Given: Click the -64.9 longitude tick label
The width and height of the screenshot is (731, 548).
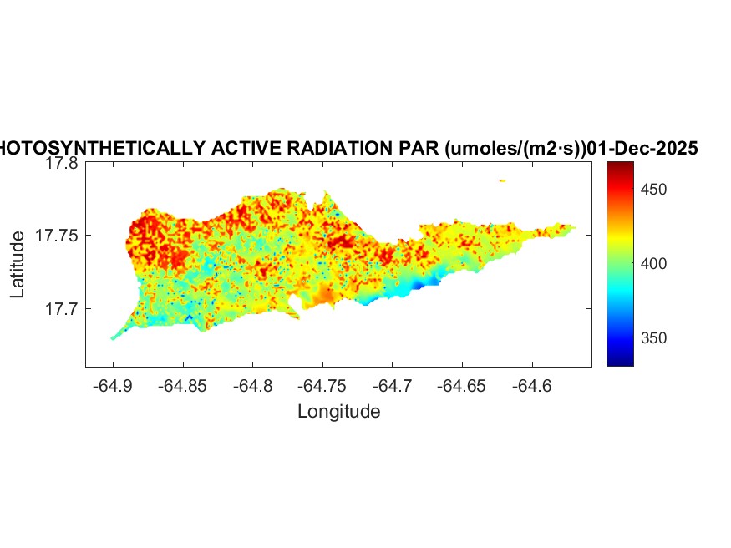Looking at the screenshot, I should pyautogui.click(x=113, y=386).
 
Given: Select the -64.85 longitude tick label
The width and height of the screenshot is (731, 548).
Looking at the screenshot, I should pyautogui.click(x=183, y=386).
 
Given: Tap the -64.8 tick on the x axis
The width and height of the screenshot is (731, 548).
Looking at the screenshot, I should pyautogui.click(x=253, y=386).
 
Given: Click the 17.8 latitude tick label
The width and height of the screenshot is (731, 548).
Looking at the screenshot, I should pyautogui.click(x=62, y=164).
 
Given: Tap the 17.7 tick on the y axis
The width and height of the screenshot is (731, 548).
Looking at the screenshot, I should pyautogui.click(x=62, y=308).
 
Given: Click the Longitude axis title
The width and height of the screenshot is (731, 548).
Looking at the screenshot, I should pyautogui.click(x=338, y=411).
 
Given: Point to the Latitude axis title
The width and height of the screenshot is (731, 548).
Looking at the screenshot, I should pyautogui.click(x=18, y=265).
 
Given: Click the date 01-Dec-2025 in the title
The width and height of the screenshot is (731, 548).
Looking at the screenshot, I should pyautogui.click(x=642, y=149).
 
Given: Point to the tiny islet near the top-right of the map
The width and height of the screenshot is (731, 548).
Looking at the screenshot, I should pyautogui.click(x=502, y=180).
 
